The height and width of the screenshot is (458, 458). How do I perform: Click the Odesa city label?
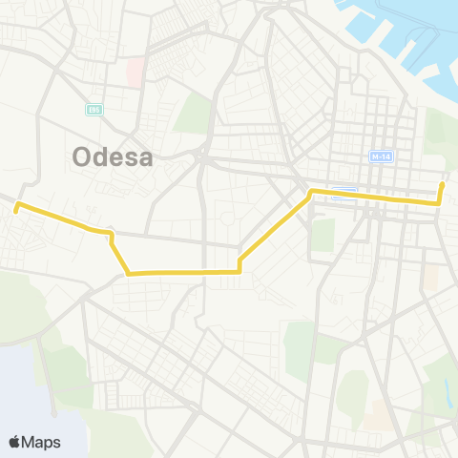[x=113, y=156]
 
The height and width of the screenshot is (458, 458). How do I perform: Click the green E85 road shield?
[x=94, y=108]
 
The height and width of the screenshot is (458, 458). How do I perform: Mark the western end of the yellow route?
[x=16, y=204]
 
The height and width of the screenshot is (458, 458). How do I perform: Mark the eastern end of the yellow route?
[x=442, y=183]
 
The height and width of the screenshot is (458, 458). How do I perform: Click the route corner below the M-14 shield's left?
[x=311, y=193]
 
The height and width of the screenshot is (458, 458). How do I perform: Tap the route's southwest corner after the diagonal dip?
[x=128, y=274]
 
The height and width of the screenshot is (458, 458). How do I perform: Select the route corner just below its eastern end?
[x=438, y=202]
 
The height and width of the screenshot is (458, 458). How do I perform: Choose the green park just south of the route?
[x=323, y=235]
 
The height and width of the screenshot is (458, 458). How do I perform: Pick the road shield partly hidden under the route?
[x=345, y=191]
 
